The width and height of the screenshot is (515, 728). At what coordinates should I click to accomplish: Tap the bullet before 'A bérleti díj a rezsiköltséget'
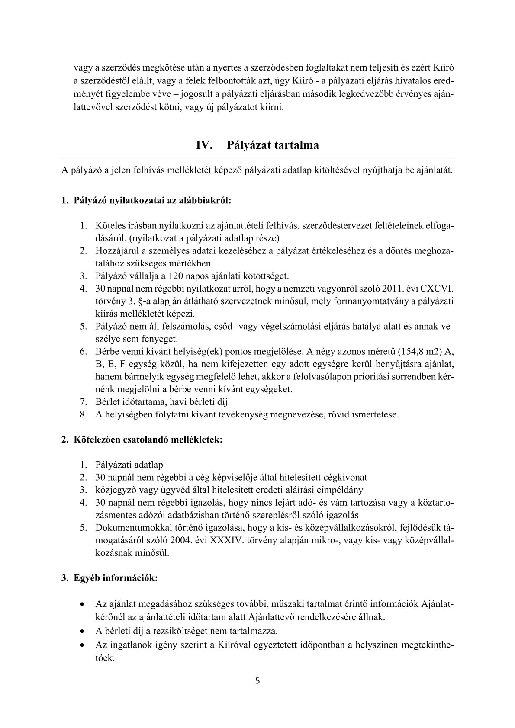[82, 630]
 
